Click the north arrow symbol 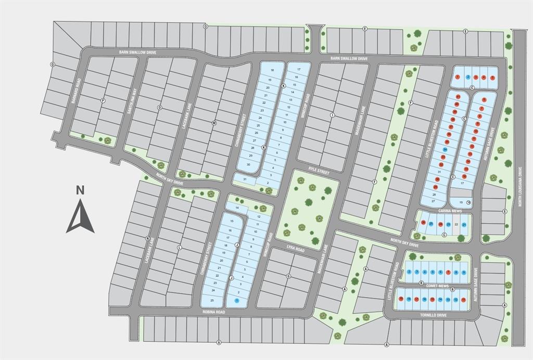click(80, 217)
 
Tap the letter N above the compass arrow click(80, 190)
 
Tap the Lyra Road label click(295, 248)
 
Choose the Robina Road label click(214, 312)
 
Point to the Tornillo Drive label click(435, 315)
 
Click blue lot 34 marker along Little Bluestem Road click(445, 149)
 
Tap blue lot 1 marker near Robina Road click(237, 301)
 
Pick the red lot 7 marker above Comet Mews click(448, 272)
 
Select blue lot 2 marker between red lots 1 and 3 click(468, 78)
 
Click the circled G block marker click(288, 276)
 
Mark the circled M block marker click(214, 123)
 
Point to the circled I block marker click(332, 115)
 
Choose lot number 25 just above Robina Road click(212, 300)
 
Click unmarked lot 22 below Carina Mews click(456, 224)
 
